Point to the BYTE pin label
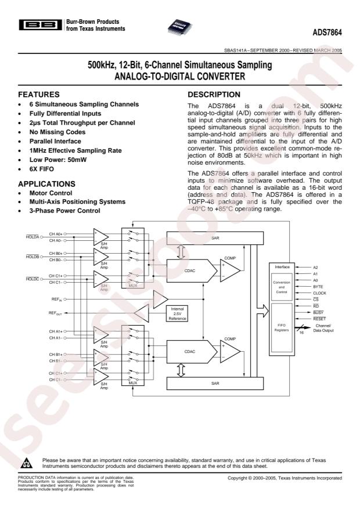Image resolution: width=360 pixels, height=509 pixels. click(x=318, y=286)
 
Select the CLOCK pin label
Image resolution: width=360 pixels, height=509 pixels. click(x=320, y=294)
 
